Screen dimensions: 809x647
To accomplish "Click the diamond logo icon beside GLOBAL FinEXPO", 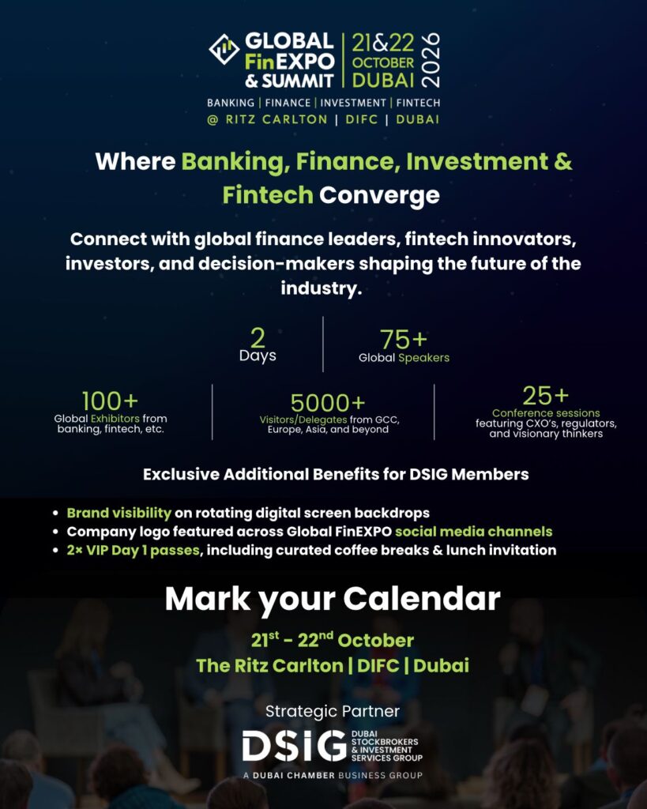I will [x=224, y=49].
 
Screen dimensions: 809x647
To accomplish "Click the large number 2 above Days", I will [x=258, y=338].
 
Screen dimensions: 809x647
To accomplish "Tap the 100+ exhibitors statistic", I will [x=110, y=401].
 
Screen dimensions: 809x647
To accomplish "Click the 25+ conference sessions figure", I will [x=545, y=396].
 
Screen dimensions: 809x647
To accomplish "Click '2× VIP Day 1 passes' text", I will [x=132, y=550].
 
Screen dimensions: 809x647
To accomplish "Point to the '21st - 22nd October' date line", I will [x=333, y=640].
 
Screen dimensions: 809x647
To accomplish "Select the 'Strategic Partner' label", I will [x=333, y=711].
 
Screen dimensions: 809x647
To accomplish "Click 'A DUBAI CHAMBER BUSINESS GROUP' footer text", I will [x=333, y=775].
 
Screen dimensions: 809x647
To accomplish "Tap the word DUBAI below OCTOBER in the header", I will [x=383, y=80].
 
